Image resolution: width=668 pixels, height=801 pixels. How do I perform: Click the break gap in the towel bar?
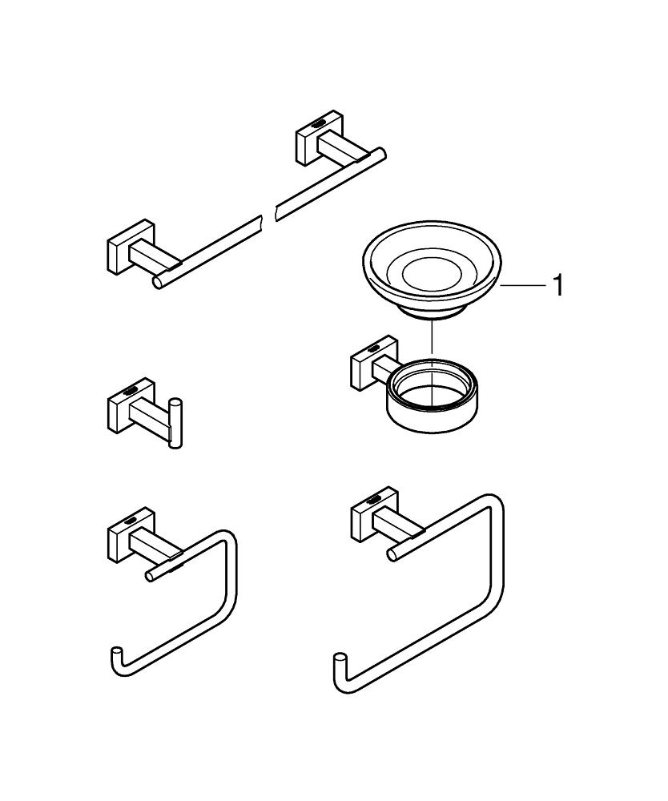(x=268, y=215)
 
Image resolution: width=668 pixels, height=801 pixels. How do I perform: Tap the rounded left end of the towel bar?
(x=159, y=281)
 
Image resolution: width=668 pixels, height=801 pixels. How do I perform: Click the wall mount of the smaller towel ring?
(x=120, y=541)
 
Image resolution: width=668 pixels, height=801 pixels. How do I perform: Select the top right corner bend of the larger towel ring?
(x=495, y=505)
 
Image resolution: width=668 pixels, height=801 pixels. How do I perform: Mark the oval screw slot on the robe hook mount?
(x=129, y=392)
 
